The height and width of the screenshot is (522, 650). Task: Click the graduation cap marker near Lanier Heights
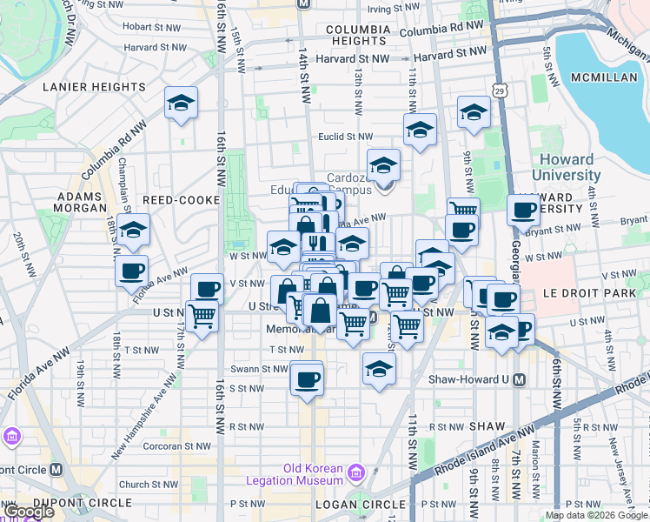coord(181,104)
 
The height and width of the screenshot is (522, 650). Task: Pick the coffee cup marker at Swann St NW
coord(306,378)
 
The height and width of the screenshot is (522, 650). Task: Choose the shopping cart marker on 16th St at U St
coord(202,316)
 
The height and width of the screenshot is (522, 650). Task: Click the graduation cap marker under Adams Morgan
coord(133,231)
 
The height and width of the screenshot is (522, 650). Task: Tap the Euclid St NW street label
coord(347,137)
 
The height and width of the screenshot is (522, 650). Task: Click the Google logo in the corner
coord(28,512)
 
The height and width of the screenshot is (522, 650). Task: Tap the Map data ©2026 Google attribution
coord(595,515)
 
